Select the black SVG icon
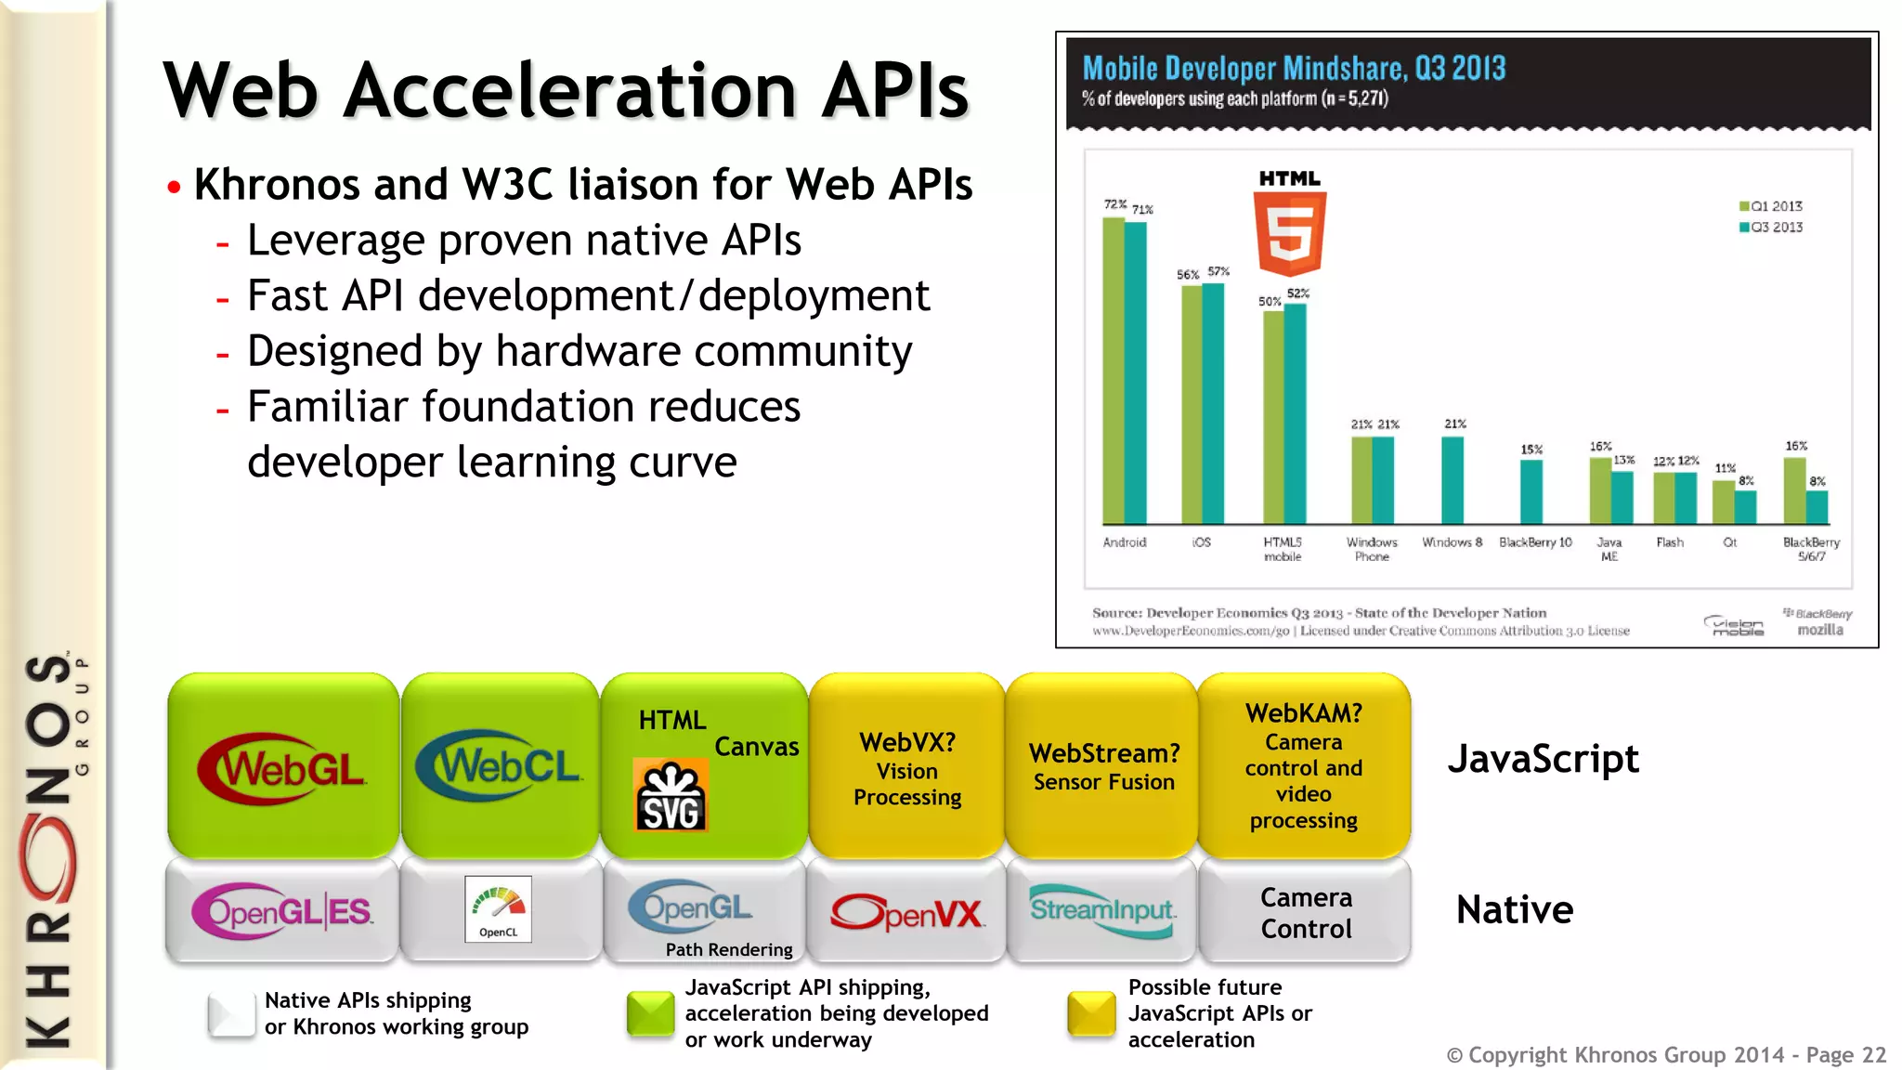pos(670,796)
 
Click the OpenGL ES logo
pos(282,911)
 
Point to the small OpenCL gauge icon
pos(499,908)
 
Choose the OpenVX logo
pos(906,913)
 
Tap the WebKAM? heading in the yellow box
pos(1303,713)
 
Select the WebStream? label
pos(1104,753)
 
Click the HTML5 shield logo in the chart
pos(1290,232)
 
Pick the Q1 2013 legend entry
pos(1771,206)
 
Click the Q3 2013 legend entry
pos(1771,228)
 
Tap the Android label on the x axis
pos(1124,542)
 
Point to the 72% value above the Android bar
pos(1114,204)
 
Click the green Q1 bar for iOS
pos(1192,404)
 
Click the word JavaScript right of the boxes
pos(1543,759)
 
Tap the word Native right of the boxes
pos(1515,910)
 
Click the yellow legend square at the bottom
pos(1091,1013)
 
